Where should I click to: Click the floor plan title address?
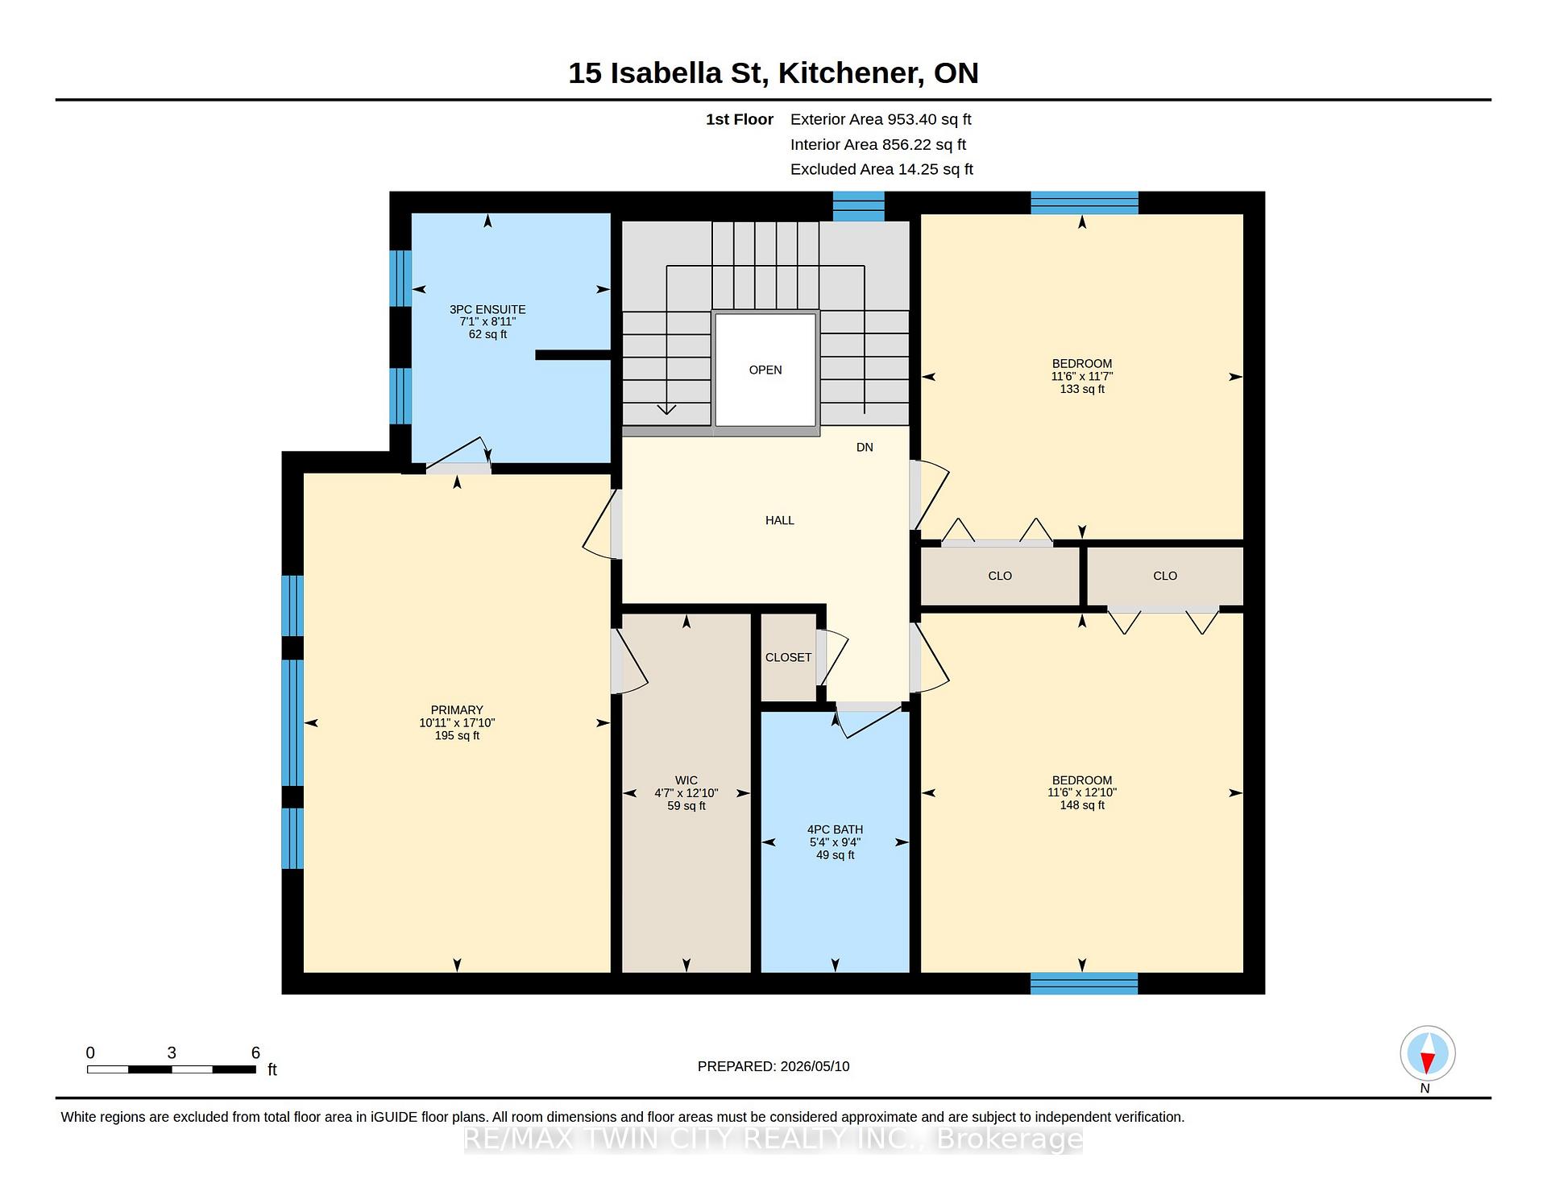(773, 73)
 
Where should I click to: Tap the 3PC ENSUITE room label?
(487, 321)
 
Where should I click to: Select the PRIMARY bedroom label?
(457, 722)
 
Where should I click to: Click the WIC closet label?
(686, 792)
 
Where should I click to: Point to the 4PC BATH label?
(835, 841)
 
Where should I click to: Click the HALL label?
(780, 520)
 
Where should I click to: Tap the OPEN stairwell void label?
(765, 370)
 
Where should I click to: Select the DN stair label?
(865, 447)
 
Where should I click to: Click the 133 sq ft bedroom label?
(1082, 376)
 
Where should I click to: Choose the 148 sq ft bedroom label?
(1082, 792)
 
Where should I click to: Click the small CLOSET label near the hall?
(788, 657)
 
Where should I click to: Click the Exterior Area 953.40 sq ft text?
(881, 120)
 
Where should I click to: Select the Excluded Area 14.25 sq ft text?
(881, 169)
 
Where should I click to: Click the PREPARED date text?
(773, 1066)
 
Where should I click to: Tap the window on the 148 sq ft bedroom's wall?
(1084, 983)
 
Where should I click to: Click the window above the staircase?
(858, 206)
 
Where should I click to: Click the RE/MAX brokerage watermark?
(773, 1139)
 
